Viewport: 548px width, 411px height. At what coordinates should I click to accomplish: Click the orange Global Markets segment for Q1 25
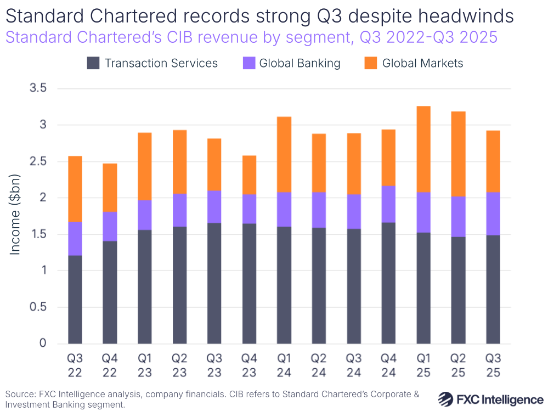click(x=423, y=149)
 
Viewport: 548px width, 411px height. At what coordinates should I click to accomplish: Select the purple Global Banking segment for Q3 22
click(x=75, y=239)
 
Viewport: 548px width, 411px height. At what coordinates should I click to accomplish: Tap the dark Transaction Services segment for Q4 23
click(x=249, y=283)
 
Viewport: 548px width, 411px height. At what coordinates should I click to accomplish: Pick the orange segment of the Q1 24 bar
click(x=284, y=154)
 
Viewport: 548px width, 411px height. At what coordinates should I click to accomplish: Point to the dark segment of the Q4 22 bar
click(x=110, y=292)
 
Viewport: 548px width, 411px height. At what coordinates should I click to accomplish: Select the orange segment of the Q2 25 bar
click(x=458, y=154)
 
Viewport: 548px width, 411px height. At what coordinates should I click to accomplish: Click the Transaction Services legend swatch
click(x=93, y=63)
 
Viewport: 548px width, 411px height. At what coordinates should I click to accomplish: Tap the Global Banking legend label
click(x=300, y=63)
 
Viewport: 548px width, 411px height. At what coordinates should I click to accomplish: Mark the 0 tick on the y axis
click(x=43, y=344)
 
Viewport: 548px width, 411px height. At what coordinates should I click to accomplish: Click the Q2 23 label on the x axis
click(x=179, y=365)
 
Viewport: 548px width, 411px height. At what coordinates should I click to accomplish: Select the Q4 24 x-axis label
click(x=389, y=365)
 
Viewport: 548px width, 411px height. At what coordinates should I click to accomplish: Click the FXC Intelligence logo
click(x=490, y=398)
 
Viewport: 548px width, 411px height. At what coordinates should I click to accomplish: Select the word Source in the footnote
click(x=19, y=394)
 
